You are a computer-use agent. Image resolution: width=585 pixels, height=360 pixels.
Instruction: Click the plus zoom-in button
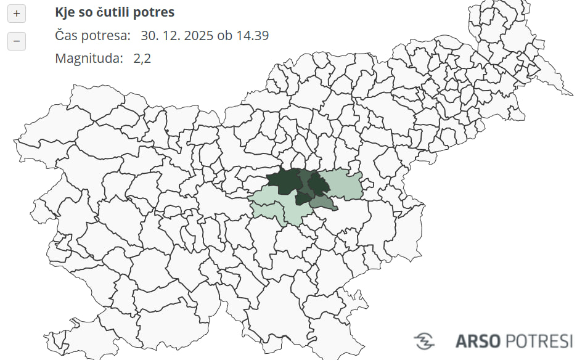16,13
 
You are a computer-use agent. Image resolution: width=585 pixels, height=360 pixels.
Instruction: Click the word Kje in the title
65,12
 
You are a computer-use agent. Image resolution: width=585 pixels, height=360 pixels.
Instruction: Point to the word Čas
67,36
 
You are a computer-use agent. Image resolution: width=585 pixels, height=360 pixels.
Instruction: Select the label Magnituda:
89,59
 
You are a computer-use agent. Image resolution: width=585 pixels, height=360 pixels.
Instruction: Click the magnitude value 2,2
142,59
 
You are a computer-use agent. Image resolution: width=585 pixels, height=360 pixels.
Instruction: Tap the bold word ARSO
477,340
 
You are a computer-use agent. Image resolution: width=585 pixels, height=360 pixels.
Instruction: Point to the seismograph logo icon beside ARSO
425,340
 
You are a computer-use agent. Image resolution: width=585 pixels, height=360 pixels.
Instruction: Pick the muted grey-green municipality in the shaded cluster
322,203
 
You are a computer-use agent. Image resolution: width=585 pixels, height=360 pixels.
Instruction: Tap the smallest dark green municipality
302,198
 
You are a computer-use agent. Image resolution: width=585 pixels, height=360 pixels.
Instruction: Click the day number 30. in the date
149,36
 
